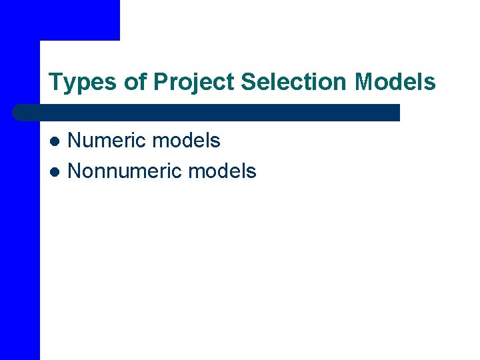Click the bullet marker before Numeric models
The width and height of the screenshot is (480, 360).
pos(56,141)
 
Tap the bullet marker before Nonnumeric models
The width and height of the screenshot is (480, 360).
pos(56,172)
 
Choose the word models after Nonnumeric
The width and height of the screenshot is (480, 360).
pos(222,171)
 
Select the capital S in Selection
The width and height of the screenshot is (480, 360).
pos(247,82)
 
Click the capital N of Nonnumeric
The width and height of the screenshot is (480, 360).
pos(74,171)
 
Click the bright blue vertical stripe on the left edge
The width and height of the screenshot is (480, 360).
pos(19,233)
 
